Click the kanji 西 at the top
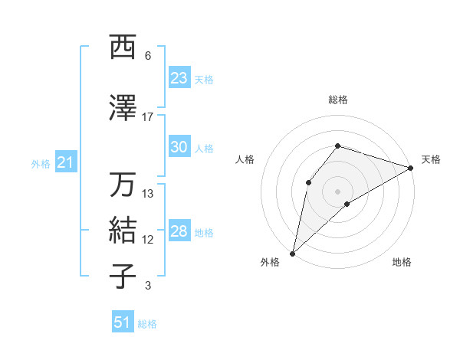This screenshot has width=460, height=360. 123,47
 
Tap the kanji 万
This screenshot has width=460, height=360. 123,185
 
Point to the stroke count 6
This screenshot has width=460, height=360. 148,56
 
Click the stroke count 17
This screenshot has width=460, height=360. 148,116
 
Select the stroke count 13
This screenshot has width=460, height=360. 148,193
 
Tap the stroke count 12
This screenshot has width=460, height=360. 148,240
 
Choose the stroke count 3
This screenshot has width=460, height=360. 148,286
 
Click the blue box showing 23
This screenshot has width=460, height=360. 179,78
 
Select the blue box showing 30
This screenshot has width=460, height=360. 179,147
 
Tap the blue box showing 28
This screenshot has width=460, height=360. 179,231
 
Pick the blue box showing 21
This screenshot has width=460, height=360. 65,162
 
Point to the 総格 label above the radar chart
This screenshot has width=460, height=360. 338,100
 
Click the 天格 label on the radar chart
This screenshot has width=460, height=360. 431,159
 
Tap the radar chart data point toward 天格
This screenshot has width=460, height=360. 411,168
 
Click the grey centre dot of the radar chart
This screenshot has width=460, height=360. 337,191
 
